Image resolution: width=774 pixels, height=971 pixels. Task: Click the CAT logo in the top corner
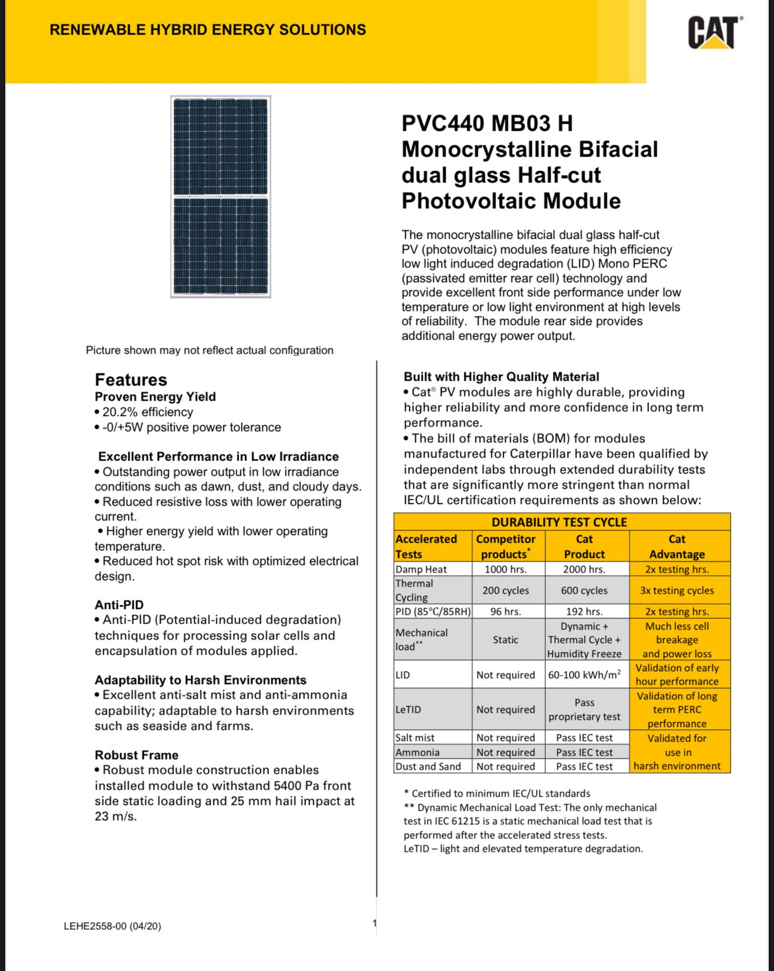[x=714, y=32]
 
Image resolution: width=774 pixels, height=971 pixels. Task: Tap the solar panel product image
[x=220, y=197]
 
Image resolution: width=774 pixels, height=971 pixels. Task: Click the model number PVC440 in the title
[x=443, y=124]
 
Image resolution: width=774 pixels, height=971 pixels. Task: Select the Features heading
[x=131, y=380]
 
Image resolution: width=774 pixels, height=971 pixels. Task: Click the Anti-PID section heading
[x=119, y=605]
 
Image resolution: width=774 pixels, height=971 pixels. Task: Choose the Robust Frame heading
[x=137, y=755]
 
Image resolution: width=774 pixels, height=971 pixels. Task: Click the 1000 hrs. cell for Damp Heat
[x=505, y=569]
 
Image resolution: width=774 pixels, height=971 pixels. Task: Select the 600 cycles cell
[x=584, y=590]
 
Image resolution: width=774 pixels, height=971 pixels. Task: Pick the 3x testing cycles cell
[x=677, y=590]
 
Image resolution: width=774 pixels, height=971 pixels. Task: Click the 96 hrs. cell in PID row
[x=505, y=611]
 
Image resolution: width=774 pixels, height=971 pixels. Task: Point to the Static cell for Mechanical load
[x=505, y=640]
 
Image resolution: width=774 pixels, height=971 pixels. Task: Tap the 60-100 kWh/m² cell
[x=584, y=675]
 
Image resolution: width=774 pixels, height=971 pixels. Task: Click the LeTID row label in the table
[x=408, y=709]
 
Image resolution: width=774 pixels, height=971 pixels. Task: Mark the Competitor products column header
[x=505, y=546]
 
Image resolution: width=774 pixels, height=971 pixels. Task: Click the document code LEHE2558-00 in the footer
[x=112, y=926]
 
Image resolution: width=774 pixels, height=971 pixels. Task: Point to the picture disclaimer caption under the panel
[x=209, y=350]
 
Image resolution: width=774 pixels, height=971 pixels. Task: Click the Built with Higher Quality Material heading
[x=501, y=377]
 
